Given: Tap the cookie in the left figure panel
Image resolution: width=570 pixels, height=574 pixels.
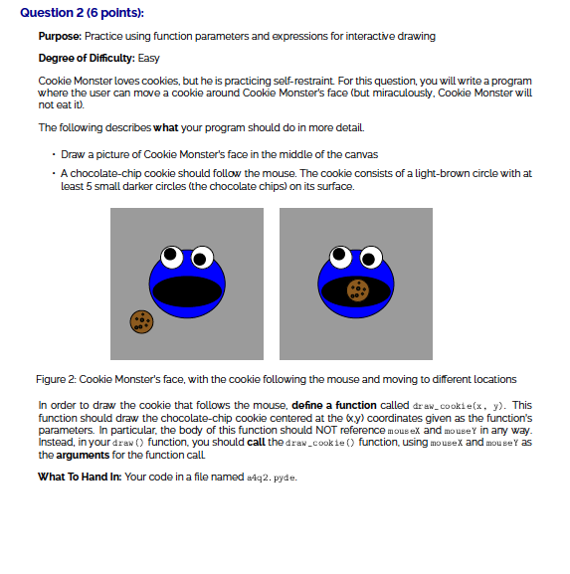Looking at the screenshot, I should pyautogui.click(x=142, y=321).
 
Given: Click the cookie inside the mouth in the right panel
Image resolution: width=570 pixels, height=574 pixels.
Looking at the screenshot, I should pyautogui.click(x=358, y=290).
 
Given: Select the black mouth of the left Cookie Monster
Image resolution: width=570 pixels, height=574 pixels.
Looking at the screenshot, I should pyautogui.click(x=186, y=290).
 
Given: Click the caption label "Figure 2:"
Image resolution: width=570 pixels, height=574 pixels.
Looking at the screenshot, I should pyautogui.click(x=56, y=379).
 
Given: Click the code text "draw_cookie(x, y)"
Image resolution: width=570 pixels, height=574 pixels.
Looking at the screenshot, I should pyautogui.click(x=450, y=406).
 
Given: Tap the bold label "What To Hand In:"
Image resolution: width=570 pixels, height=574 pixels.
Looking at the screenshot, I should pyautogui.click(x=79, y=477).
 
